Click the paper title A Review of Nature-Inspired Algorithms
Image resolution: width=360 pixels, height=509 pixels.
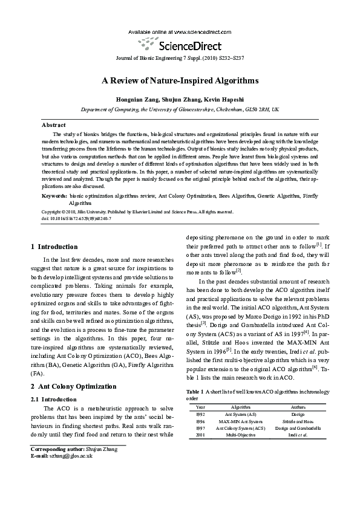pos(180,80)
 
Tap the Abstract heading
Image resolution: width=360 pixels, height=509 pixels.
pos(53,125)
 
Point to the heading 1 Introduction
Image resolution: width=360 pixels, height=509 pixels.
pos(54,247)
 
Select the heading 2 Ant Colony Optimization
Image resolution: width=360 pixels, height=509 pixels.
pos(74,386)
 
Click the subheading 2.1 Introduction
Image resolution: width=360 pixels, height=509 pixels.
pos(53,399)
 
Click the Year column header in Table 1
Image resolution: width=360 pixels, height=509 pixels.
pos(200,407)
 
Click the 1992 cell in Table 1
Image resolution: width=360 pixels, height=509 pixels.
pos(200,415)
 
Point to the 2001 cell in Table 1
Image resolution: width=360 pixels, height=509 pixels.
pos(200,434)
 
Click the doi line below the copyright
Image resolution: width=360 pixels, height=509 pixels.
pos(76,218)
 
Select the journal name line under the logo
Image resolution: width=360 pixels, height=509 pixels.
pos(180,57)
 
